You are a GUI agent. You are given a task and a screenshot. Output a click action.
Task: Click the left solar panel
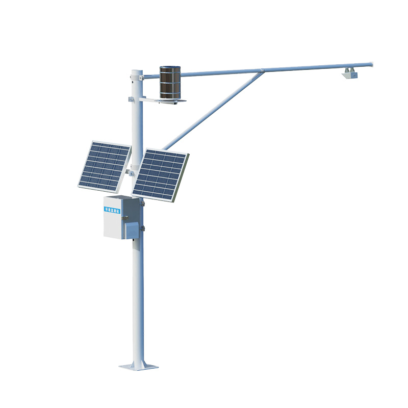click(x=104, y=166)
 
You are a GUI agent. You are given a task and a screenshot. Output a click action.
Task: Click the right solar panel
click(x=160, y=175)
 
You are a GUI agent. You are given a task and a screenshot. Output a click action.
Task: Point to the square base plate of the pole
click(x=138, y=366)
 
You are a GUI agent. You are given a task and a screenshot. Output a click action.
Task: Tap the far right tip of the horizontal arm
click(x=371, y=64)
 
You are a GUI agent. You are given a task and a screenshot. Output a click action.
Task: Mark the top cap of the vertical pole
click(x=136, y=71)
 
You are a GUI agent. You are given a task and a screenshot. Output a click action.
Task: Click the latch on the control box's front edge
click(x=124, y=219)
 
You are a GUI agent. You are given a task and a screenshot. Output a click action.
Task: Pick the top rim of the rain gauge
click(x=170, y=67)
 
